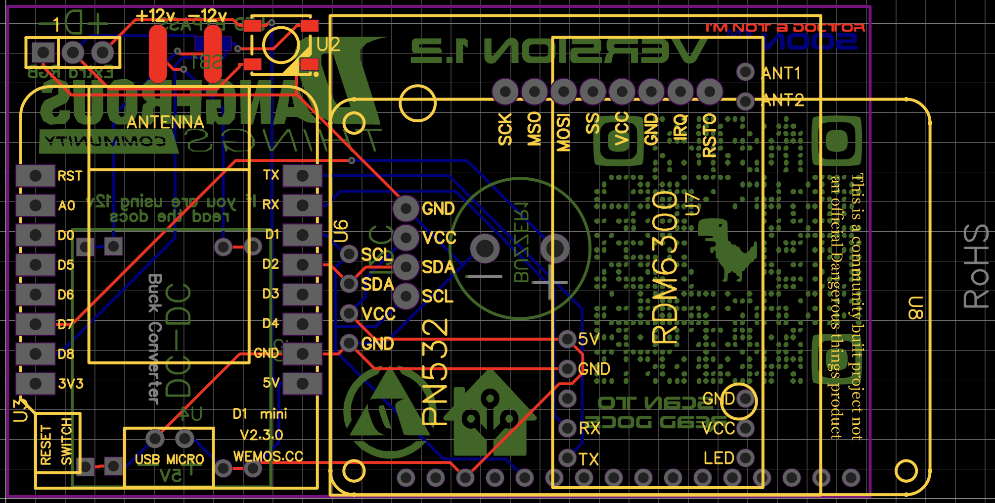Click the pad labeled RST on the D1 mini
pos(35,176)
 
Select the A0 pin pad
pos(35,205)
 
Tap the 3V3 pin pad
pos(35,384)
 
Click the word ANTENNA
pos(165,122)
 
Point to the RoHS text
pos(976,266)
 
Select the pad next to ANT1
pos(745,72)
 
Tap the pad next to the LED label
pos(745,458)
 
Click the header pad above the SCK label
pos(505,92)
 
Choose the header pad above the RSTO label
pos(710,92)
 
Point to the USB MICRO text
pos(169,459)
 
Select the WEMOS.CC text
pos(268,456)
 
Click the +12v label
pos(155,16)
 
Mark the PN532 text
pos(435,371)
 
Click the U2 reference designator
pos(328,45)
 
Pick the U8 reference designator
pos(915,308)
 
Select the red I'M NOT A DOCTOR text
pos(785,28)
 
